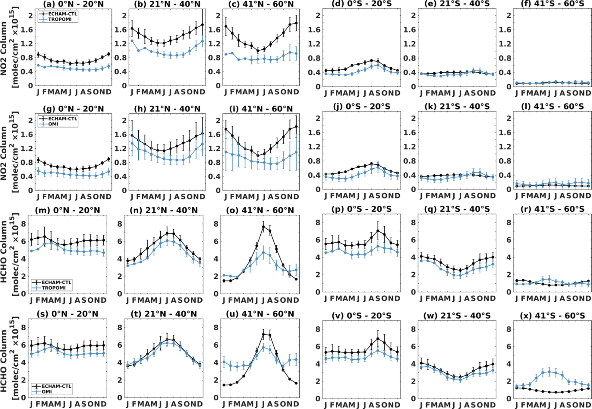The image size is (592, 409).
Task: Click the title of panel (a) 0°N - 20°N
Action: pos(73,4)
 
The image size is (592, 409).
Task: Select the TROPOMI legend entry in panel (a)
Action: pos(60,19)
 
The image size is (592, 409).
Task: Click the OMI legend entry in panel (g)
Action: pos(53,124)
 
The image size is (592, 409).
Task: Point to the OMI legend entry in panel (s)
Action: pos(47,392)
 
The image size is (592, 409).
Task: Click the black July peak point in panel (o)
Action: pos(263,227)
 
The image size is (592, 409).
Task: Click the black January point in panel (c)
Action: pos(226,26)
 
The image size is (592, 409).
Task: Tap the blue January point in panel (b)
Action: pos(132,41)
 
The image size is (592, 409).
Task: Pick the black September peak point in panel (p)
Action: pos(378,231)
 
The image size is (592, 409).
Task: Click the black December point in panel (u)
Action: pos(296,383)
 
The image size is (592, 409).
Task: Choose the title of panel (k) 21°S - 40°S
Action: pos(457,106)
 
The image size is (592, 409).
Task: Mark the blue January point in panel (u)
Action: pos(224,362)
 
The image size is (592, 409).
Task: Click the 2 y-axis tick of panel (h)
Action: pos(124,120)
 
